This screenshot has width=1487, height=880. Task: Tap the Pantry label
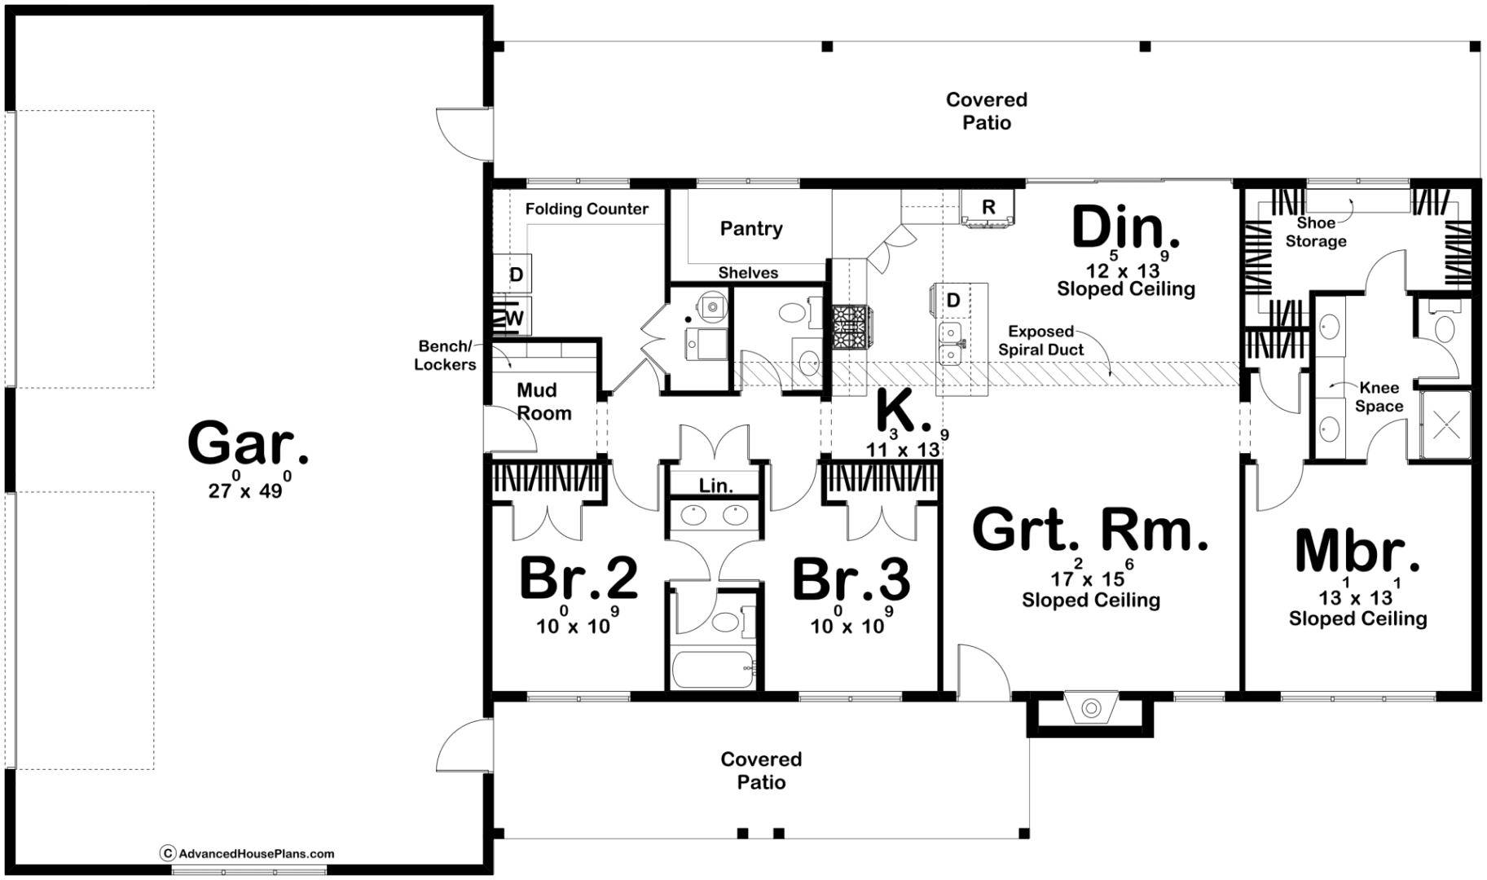coord(751,229)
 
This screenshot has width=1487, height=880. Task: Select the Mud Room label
coord(543,402)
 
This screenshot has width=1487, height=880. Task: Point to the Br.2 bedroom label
coord(579,579)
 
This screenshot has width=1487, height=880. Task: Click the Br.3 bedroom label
coord(851,579)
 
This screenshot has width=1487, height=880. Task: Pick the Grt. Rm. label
coord(1090,530)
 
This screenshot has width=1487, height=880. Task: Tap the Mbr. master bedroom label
coord(1357,552)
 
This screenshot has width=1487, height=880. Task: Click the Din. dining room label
coord(1125,227)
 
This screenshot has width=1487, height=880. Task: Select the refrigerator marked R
coord(988,207)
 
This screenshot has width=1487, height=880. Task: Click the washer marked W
coord(513,317)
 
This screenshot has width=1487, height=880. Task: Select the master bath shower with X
coord(1446,425)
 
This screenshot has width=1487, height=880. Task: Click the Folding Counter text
coord(587,209)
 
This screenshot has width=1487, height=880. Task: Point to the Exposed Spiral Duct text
coord(1040,341)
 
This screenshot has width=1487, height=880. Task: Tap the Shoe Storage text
coord(1316,232)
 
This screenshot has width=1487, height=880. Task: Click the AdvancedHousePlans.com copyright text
coord(248,854)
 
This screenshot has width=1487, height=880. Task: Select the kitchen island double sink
coord(951,344)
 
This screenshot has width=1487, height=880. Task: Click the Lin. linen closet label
coord(715,486)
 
